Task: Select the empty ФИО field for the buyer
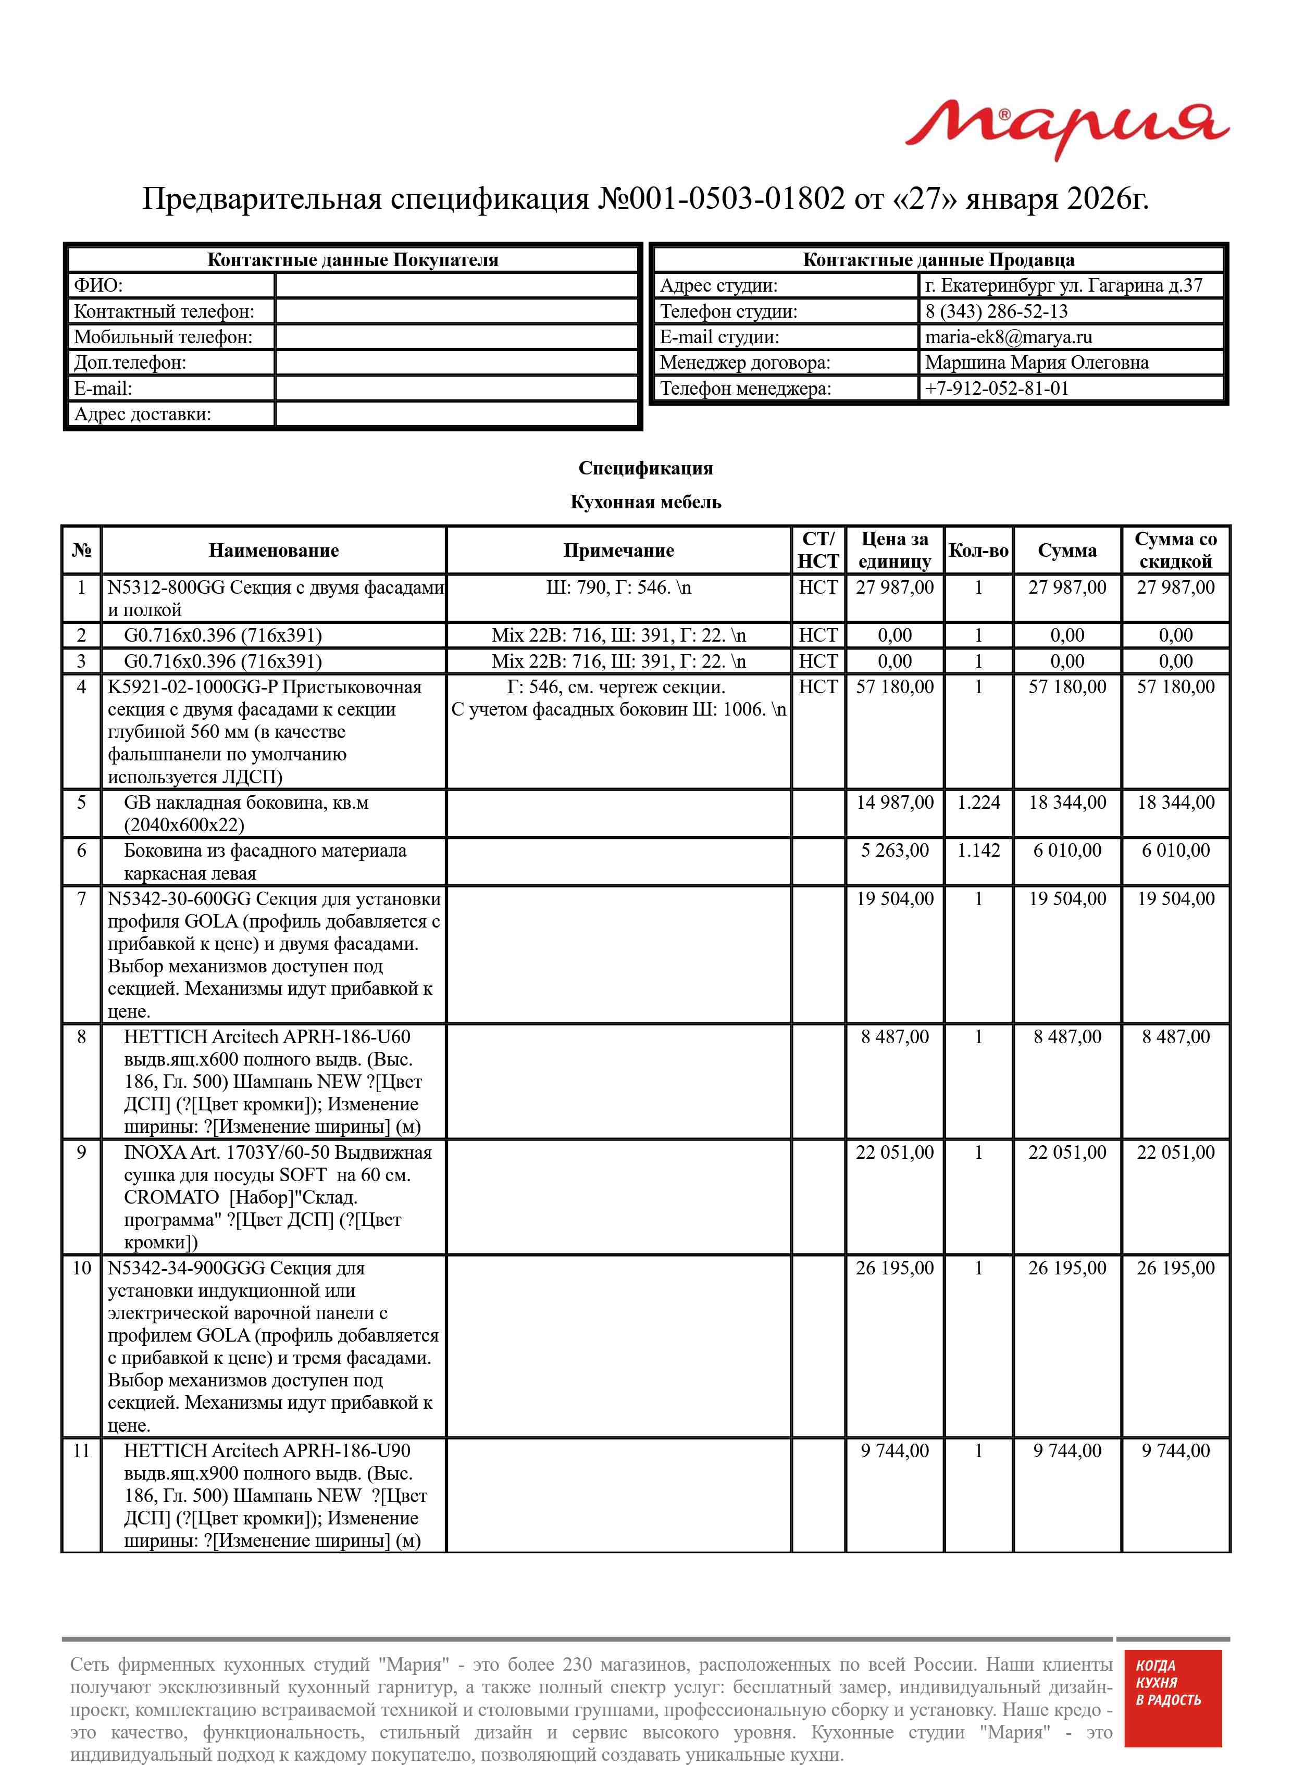457,285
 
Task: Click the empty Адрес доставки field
457,414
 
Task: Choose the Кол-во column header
978,550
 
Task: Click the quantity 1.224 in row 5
978,803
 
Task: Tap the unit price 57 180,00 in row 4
894,687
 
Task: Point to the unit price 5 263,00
894,850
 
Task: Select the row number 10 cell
81,1268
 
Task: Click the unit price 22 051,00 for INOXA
894,1152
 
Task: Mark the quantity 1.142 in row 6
978,850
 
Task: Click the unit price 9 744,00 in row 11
894,1451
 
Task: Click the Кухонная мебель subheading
645,502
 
